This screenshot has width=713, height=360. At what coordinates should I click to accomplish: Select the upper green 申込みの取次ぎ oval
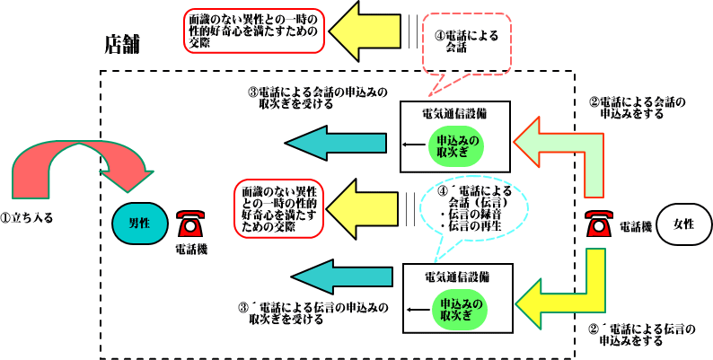tap(453, 146)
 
